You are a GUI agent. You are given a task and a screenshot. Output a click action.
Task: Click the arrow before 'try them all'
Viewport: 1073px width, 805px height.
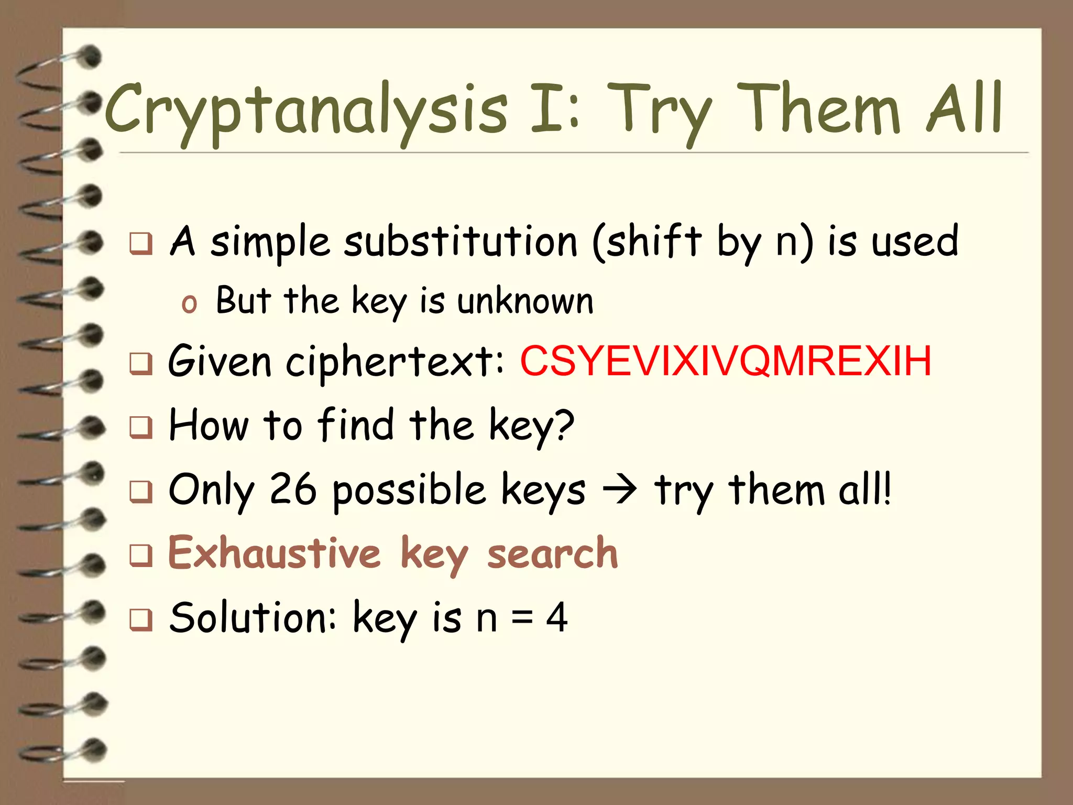click(619, 490)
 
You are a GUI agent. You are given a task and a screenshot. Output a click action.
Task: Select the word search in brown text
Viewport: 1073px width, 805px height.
click(552, 554)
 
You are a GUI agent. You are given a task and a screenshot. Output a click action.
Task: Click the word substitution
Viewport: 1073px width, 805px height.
click(460, 242)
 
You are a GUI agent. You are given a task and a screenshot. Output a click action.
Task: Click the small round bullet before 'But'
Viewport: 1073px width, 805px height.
click(189, 304)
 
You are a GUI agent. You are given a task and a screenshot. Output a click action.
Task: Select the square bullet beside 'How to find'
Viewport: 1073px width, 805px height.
click(141, 427)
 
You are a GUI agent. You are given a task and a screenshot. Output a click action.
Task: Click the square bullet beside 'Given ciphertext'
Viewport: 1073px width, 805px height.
click(141, 363)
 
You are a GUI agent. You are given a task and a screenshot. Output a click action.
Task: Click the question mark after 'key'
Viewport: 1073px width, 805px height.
click(564, 425)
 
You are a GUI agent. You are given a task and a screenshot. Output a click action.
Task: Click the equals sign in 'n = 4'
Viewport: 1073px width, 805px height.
click(522, 618)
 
